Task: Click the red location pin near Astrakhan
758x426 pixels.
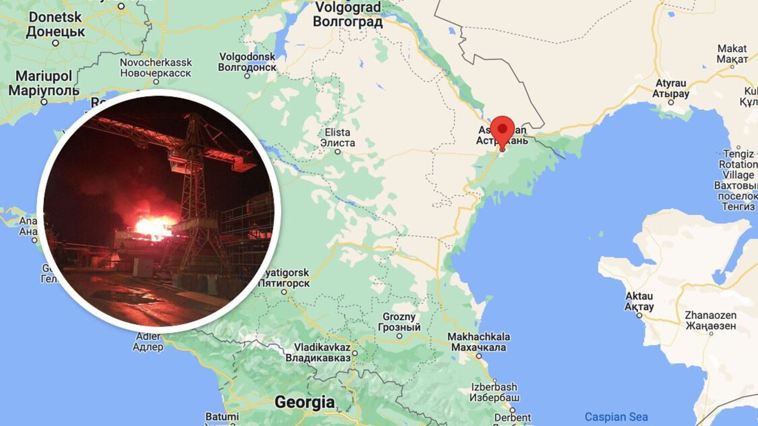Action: click(x=502, y=130)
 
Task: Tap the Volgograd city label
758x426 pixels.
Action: click(x=348, y=14)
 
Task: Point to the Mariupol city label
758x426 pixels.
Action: click(x=44, y=83)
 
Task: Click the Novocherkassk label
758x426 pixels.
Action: click(x=156, y=67)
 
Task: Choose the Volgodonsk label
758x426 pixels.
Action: click(x=247, y=62)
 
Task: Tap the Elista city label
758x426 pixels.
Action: click(x=338, y=138)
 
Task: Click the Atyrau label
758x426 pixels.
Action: click(x=671, y=88)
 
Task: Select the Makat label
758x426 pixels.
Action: click(x=732, y=54)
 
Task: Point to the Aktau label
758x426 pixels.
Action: click(x=639, y=301)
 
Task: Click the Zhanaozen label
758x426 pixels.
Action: click(x=710, y=320)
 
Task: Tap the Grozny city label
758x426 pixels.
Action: click(x=399, y=322)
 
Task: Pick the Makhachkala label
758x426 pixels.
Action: click(x=479, y=342)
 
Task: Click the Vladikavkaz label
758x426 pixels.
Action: click(x=318, y=352)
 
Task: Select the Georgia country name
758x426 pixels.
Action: click(x=305, y=402)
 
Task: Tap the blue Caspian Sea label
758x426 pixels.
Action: click(x=616, y=417)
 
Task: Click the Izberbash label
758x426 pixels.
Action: click(x=494, y=392)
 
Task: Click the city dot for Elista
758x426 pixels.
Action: click(x=338, y=152)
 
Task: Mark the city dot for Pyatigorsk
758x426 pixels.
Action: click(x=284, y=292)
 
